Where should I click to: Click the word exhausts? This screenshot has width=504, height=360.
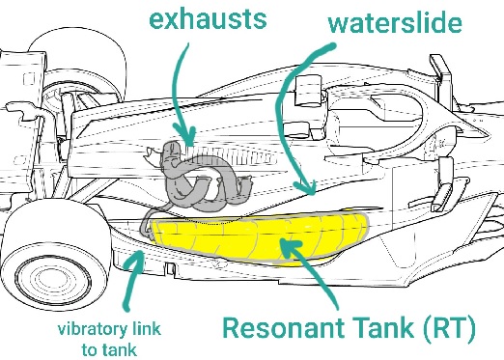click(x=208, y=18)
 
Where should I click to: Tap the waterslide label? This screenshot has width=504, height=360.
click(x=395, y=23)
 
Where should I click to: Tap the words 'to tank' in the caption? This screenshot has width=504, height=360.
click(x=109, y=349)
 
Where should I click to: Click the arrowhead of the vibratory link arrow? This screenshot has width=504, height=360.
click(x=138, y=259)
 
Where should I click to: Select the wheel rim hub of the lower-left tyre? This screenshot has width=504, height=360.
click(x=53, y=281)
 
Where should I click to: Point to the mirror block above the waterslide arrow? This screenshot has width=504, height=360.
click(x=308, y=90)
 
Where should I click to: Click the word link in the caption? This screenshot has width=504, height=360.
click(x=147, y=328)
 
